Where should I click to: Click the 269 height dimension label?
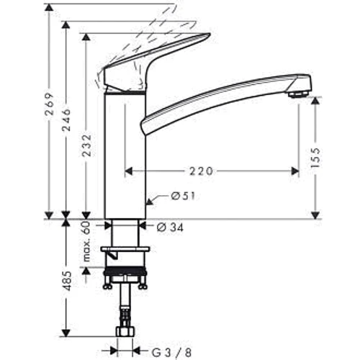(50, 104)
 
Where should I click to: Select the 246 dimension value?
(66, 120)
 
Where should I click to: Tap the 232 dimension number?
(87, 145)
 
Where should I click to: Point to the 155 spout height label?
(315, 158)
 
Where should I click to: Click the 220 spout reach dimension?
(201, 171)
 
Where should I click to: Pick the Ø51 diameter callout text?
(183, 197)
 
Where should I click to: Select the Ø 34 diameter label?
(170, 228)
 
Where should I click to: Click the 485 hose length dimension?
(67, 281)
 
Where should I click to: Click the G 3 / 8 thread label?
(171, 353)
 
